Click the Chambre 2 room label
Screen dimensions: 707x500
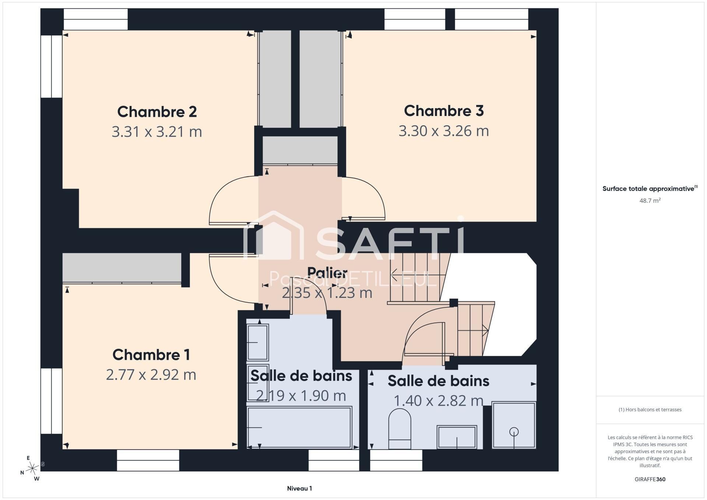click(x=157, y=112)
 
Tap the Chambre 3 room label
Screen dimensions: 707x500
click(x=444, y=110)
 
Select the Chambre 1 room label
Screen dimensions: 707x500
click(x=151, y=355)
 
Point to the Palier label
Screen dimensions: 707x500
click(x=327, y=273)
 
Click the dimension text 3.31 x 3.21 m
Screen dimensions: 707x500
click(x=157, y=131)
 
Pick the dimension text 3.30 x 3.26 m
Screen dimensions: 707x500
click(x=444, y=131)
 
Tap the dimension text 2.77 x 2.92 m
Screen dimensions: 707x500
click(x=151, y=374)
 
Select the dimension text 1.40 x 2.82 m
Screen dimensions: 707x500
click(x=439, y=400)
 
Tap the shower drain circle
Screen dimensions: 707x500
click(x=514, y=432)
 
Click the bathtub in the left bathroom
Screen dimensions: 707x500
click(x=299, y=427)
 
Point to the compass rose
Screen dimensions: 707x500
click(x=32, y=468)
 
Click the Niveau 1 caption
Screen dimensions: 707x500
click(x=299, y=489)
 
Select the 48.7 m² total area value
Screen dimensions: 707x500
click(x=650, y=201)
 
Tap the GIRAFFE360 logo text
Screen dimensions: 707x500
click(x=650, y=479)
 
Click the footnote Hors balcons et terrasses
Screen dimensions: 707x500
click(x=650, y=409)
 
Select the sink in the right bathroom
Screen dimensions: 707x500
click(x=457, y=437)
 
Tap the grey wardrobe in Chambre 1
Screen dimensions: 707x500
click(x=122, y=268)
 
